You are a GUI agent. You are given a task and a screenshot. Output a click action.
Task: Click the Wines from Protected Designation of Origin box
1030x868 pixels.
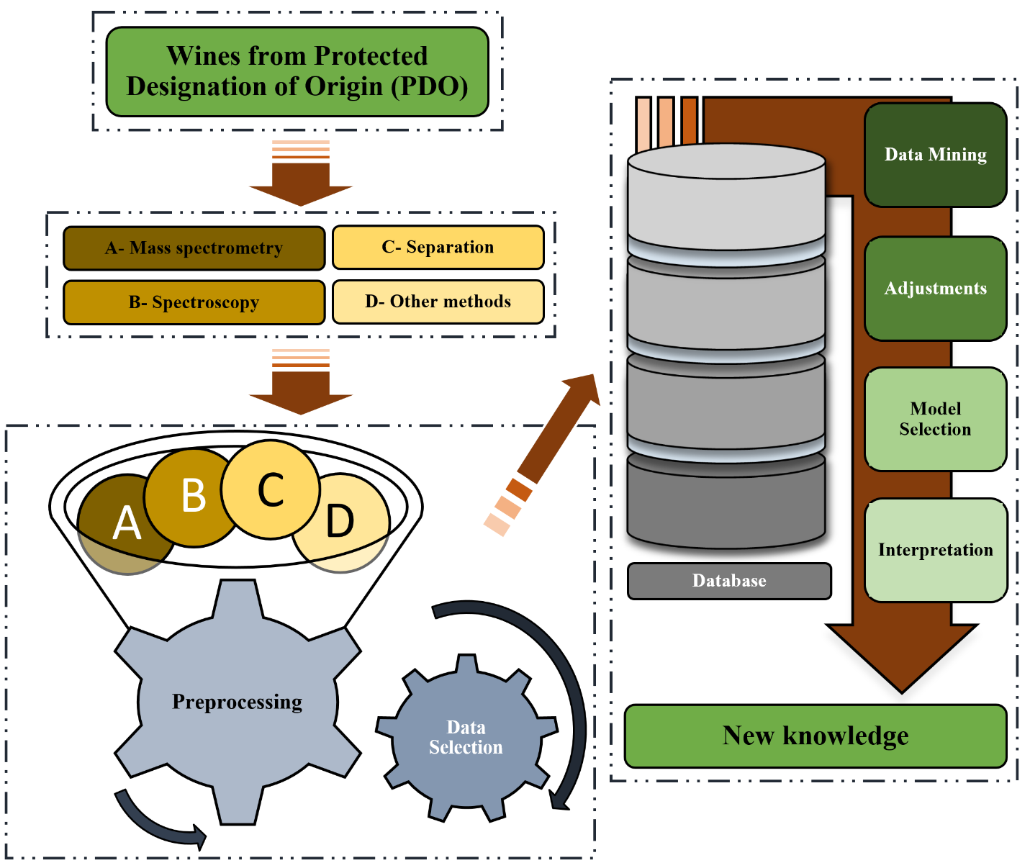[297, 71]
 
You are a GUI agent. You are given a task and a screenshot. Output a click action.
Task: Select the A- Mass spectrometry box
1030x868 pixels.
[194, 248]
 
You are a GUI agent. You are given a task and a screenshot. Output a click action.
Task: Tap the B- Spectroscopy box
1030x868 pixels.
[194, 302]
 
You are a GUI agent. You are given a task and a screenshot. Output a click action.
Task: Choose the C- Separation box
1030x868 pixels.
[438, 248]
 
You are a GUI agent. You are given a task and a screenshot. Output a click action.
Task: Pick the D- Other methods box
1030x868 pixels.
[438, 302]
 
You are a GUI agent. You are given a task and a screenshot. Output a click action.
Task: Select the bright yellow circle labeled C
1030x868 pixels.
[271, 489]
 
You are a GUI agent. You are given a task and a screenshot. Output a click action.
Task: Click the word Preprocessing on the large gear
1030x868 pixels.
[237, 702]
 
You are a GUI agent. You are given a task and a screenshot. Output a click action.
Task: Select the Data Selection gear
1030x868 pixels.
[466, 737]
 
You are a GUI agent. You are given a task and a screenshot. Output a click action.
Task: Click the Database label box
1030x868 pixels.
[729, 581]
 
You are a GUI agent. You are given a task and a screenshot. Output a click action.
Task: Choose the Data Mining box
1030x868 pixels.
[935, 155]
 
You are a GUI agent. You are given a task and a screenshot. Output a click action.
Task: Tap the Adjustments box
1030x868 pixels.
[935, 289]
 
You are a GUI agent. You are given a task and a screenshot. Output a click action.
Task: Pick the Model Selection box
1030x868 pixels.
[935, 419]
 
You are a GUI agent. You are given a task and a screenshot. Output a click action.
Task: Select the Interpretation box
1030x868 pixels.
[935, 550]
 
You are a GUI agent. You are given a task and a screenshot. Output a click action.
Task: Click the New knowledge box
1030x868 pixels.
[815, 736]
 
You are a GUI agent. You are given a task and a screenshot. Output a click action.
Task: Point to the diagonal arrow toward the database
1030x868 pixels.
[558, 430]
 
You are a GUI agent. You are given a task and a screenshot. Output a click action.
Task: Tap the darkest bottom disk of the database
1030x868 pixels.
[726, 504]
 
